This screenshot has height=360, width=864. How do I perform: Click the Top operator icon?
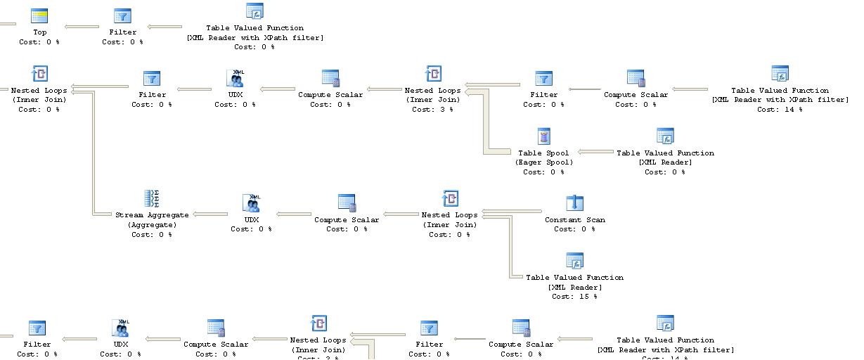pos(40,16)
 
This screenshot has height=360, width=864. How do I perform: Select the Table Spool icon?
pos(543,136)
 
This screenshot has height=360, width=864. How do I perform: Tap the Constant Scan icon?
pos(575,203)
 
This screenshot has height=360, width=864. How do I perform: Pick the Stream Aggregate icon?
pos(152,198)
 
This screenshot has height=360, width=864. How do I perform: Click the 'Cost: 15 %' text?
pos(574,297)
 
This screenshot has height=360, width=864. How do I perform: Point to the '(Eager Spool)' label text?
pos(543,162)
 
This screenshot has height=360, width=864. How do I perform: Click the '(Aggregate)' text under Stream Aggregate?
pos(152,225)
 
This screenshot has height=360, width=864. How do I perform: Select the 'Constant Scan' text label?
pos(574,220)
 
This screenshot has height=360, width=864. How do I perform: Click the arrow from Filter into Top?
pos(82,27)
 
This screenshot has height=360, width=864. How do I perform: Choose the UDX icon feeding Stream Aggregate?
pos(252,203)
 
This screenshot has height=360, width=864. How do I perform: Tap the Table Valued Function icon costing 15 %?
pos(575,262)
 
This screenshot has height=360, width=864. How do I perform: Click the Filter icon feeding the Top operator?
pos(122,16)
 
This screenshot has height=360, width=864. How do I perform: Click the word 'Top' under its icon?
pos(40,32)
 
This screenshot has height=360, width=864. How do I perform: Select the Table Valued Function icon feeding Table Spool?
pos(665,136)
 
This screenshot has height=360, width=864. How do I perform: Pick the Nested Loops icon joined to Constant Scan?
pos(450,198)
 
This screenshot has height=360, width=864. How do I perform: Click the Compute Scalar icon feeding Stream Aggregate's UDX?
pos(347,203)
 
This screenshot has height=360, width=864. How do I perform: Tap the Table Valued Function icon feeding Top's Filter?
pos(254,11)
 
